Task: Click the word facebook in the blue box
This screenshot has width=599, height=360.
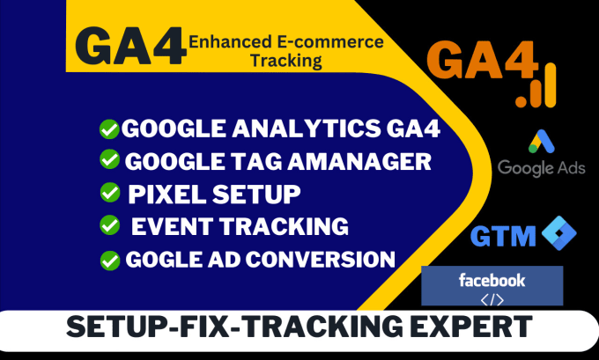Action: coord(492,281)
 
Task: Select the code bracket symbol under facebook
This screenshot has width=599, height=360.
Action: coord(492,298)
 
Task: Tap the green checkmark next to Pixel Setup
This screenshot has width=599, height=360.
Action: coord(109,192)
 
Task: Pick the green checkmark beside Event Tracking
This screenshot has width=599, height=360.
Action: coord(109,225)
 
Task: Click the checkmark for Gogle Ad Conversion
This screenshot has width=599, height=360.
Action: coord(109,259)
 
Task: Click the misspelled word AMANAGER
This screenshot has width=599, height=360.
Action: coord(359,161)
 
